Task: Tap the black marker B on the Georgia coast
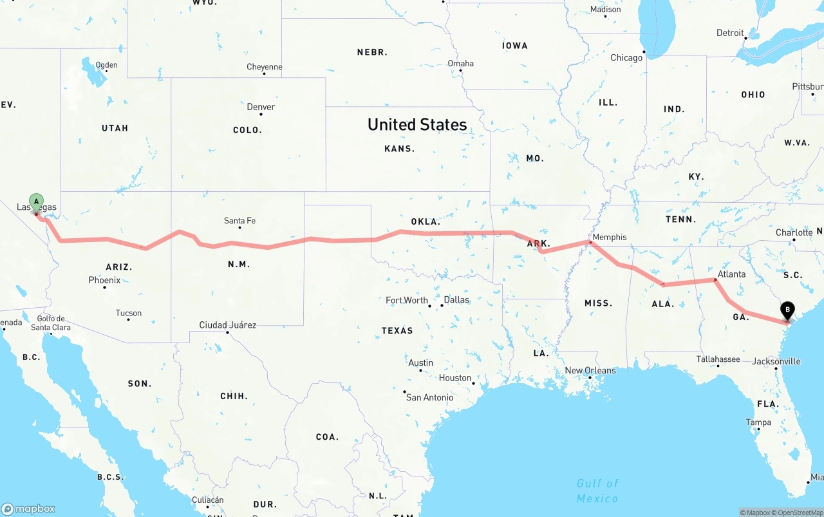[787, 310]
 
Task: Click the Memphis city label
[609, 237]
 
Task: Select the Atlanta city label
[731, 274]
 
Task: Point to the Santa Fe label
[239, 221]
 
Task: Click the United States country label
[417, 124]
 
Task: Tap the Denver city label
[261, 107]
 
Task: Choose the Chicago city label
[626, 58]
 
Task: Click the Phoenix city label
[104, 280]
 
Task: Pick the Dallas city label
[456, 300]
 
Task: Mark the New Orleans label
[590, 370]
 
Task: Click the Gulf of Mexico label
[597, 491]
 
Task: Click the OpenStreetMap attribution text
[799, 512]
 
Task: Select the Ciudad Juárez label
[228, 325]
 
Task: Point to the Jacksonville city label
[776, 361]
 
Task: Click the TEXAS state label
[397, 330]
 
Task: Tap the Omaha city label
[461, 63]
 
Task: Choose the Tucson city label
[129, 314]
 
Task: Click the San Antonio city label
[429, 397]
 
